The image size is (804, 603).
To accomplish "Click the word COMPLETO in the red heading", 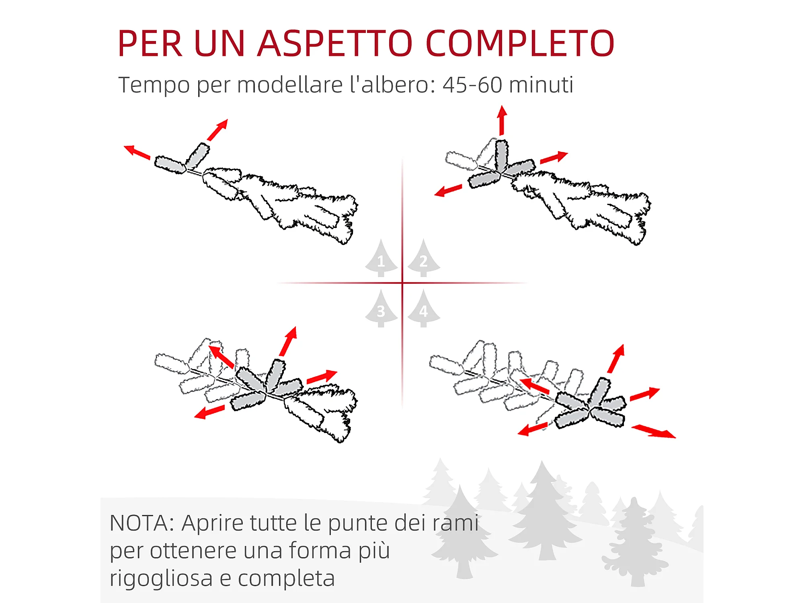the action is (520, 43).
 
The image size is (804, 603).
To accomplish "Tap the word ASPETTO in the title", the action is (335, 43).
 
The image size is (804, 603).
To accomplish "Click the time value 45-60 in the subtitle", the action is (472, 85).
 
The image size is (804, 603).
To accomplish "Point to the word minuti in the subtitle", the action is (541, 85).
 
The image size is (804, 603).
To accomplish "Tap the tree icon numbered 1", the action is (381, 258).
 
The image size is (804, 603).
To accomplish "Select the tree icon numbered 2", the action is (424, 258).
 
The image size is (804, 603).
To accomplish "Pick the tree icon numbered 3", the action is (381, 308).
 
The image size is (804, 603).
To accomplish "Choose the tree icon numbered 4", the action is (424, 308).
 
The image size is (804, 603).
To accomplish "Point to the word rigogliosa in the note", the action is (161, 579).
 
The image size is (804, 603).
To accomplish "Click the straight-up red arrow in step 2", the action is (502, 120).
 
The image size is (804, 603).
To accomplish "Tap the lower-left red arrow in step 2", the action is (448, 191).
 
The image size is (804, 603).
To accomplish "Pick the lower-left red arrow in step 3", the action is (209, 412).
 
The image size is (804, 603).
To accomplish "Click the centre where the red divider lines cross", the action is (402, 283).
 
